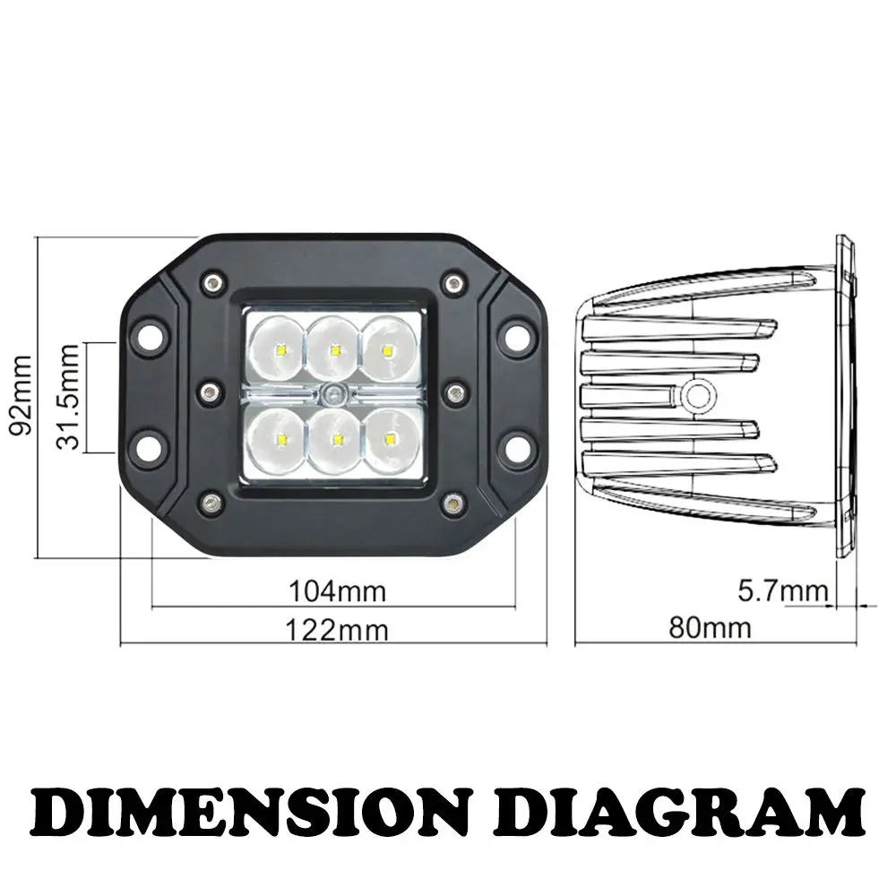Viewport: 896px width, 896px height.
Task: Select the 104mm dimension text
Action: coord(337,591)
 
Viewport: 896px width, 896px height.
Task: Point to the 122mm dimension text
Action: coord(337,630)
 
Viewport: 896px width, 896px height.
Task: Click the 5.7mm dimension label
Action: coord(781,590)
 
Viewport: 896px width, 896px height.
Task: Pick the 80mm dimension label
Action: coord(709,627)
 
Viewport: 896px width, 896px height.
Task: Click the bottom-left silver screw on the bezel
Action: coord(211,502)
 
